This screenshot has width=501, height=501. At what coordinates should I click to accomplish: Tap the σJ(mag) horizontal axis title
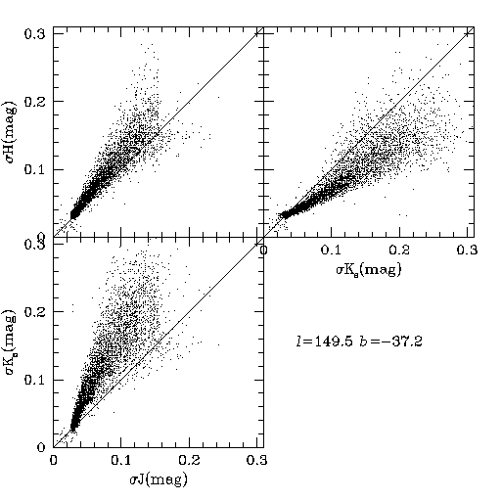point(159,479)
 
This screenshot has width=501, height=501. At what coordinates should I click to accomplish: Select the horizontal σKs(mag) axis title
point(369,270)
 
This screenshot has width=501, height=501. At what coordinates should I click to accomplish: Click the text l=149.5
point(324,342)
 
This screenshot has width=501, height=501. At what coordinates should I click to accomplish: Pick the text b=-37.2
point(391,342)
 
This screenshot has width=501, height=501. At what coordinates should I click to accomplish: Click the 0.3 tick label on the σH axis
point(35,33)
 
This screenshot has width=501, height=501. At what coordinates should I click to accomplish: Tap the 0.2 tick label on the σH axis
point(35,102)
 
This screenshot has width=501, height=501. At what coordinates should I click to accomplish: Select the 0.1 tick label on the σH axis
point(35,169)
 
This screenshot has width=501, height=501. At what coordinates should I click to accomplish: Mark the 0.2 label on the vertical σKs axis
point(35,311)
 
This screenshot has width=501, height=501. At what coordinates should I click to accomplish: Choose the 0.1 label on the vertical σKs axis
point(35,380)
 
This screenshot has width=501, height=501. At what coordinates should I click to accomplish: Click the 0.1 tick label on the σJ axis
point(121,460)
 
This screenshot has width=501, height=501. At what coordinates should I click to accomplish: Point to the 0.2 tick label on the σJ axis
point(189,460)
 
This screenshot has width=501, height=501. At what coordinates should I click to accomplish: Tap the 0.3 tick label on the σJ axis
point(257,460)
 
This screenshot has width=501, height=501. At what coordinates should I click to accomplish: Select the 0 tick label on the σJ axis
point(53,460)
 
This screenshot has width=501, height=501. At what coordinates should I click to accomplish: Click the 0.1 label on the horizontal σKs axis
point(332,250)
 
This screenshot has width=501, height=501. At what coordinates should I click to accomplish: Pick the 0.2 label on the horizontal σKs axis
point(399,250)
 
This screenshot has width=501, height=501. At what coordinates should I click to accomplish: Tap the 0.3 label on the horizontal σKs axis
point(467,250)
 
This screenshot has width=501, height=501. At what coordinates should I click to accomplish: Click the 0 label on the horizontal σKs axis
point(263,250)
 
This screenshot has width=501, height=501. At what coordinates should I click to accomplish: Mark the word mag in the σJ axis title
point(166,480)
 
